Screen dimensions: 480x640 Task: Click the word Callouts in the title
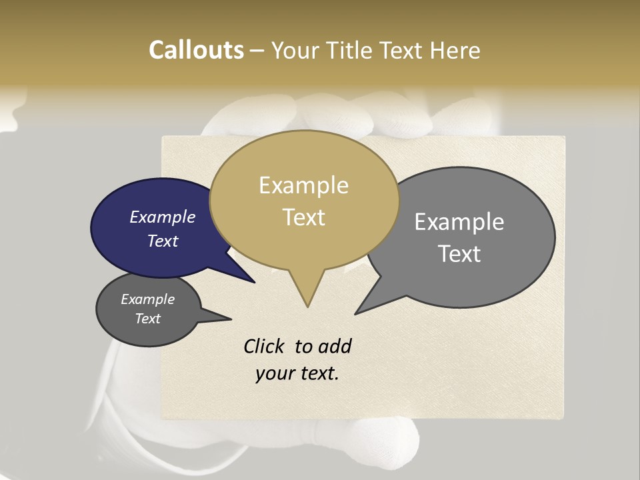[196, 50]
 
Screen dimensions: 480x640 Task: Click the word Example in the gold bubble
[303, 185]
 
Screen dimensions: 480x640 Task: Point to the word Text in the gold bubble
[303, 217]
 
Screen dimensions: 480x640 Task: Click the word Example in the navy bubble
[163, 217]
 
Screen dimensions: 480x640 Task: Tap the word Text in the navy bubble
[163, 241]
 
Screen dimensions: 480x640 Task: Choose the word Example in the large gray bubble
[459, 222]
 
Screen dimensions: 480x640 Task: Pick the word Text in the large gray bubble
[459, 254]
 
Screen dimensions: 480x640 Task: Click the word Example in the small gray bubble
[147, 299]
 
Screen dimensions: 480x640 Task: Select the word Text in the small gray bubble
[147, 319]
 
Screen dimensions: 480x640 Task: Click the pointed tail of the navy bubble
[253, 281]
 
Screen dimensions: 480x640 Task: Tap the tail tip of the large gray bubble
[357, 313]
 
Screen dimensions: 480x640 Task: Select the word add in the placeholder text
[335, 346]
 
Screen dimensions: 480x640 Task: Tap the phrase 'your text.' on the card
[297, 373]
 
